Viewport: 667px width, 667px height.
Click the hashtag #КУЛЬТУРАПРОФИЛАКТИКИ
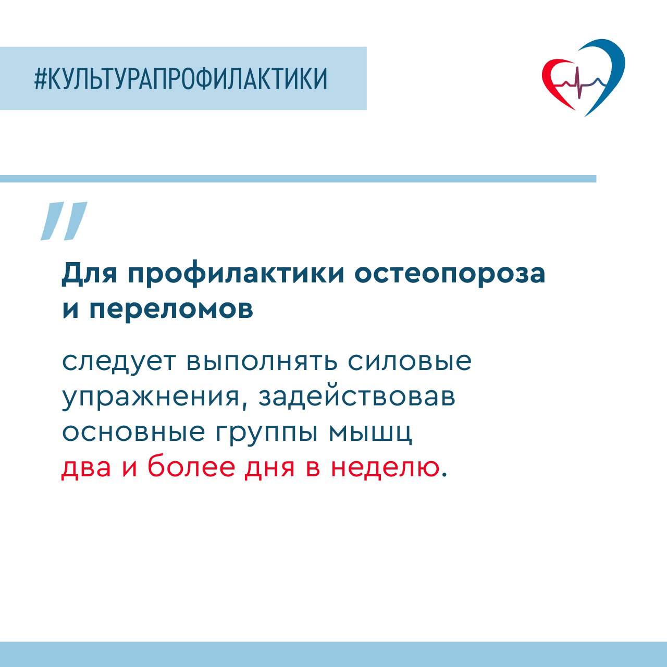pyautogui.click(x=181, y=79)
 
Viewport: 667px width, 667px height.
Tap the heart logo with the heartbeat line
pyautogui.click(x=583, y=78)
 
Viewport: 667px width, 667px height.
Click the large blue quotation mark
pyautogui.click(x=64, y=221)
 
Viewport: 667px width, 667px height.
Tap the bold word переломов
pyautogui.click(x=171, y=309)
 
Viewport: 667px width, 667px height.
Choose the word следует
pyautogui.click(x=118, y=362)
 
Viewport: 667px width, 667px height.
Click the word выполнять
pyautogui.click(x=262, y=362)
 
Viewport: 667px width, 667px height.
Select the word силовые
pyautogui.click(x=410, y=362)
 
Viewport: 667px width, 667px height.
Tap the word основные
pyautogui.click(x=133, y=433)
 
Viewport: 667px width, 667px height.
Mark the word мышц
pyautogui.click(x=370, y=434)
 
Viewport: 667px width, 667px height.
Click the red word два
pyautogui.click(x=87, y=468)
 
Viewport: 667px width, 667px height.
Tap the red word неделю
pyautogui.click(x=385, y=468)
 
